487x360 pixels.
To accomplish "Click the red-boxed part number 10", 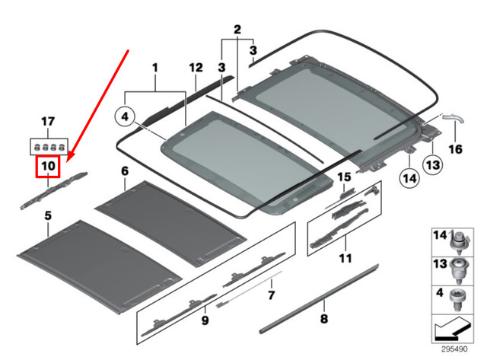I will (48, 165).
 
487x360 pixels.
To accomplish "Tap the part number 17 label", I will (48, 122).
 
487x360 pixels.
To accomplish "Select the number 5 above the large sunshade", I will (48, 217).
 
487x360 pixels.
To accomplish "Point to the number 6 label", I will (125, 173).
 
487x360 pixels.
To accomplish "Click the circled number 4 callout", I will (125, 118).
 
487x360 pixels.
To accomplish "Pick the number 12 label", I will (194, 68).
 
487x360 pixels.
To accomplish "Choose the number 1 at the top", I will (154, 68).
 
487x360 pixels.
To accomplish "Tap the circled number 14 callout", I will (409, 179).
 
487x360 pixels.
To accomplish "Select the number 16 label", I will (454, 149).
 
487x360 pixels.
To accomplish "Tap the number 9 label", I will (205, 320).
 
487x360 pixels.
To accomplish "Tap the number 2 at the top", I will (237, 30).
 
